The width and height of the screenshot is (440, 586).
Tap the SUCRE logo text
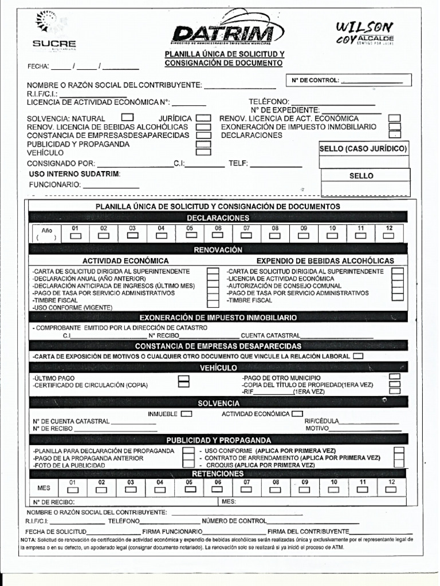54,43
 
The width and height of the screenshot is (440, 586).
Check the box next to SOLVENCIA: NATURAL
127,118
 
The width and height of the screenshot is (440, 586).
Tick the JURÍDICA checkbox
203,118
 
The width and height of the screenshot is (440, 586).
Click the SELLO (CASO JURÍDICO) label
363,149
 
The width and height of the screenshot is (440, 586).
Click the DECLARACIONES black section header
218,218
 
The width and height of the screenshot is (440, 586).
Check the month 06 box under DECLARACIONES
218,235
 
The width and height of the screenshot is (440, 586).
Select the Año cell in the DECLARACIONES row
46,233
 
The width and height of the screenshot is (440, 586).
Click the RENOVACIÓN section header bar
218,250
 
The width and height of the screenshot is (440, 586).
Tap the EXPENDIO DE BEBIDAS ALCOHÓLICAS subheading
325,260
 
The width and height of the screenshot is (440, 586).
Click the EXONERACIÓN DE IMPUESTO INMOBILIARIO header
218,317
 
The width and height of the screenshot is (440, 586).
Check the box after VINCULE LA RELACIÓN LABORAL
359,356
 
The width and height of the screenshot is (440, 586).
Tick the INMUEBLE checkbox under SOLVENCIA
187,413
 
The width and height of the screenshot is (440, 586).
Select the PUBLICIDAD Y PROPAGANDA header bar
218,440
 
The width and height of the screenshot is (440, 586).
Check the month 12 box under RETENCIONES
391,489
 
